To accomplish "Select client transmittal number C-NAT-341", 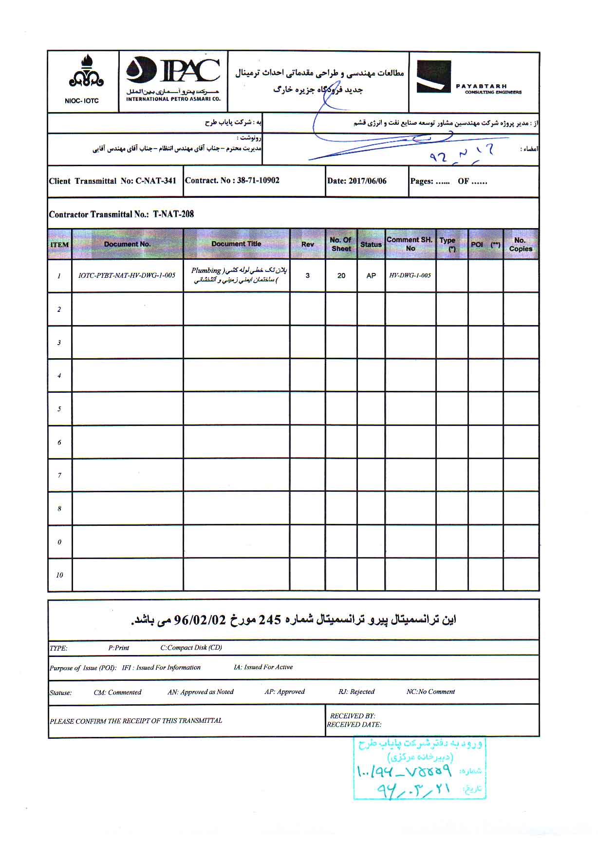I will click(156, 181).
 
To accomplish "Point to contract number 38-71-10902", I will click(258, 180).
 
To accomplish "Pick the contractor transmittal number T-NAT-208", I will click(173, 214).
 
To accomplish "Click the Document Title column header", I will click(236, 244).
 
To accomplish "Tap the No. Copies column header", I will click(521, 244).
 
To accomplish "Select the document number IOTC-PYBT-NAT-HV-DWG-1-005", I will click(127, 275).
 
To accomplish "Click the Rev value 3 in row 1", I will click(307, 275).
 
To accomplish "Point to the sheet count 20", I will click(341, 276).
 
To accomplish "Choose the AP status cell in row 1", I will click(371, 276).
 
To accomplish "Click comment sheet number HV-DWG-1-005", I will click(410, 275).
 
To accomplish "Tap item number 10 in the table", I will click(59, 575).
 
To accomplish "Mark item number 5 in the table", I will click(59, 409).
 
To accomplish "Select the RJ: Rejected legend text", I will click(356, 692).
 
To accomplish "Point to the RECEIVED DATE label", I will click(354, 725).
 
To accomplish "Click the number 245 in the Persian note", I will click(270, 620).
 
